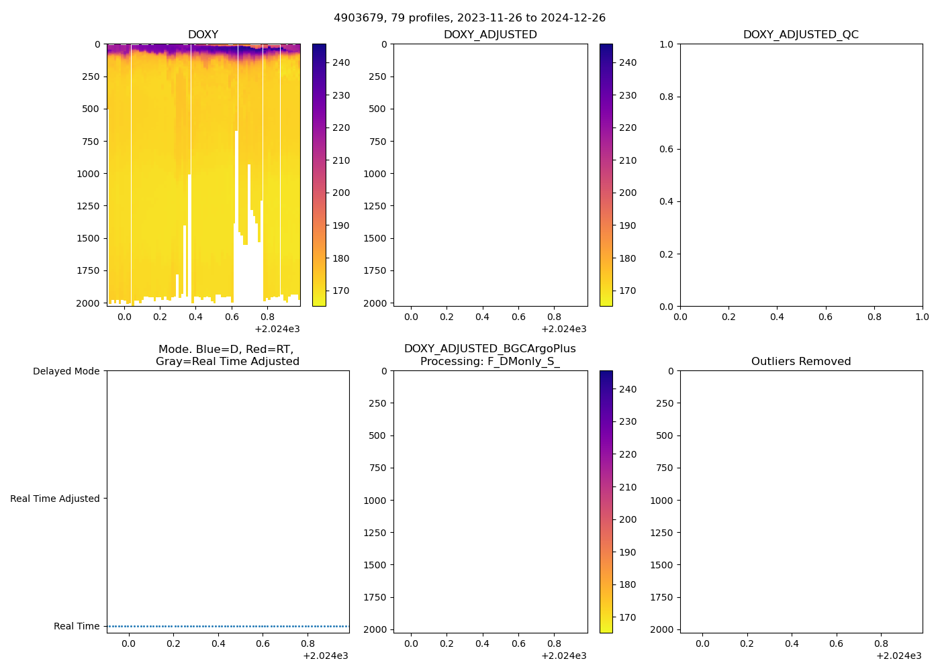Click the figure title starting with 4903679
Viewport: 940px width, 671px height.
click(x=469, y=18)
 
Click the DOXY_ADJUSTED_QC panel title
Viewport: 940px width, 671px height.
click(x=800, y=35)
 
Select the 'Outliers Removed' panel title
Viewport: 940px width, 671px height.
click(x=800, y=362)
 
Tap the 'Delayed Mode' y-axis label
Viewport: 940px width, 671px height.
click(x=66, y=371)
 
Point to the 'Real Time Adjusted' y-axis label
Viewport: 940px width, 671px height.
click(x=54, y=499)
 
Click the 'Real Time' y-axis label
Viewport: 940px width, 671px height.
click(x=77, y=626)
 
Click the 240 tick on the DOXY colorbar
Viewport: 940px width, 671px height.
click(x=341, y=63)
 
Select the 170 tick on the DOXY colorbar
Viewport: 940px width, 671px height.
click(x=341, y=291)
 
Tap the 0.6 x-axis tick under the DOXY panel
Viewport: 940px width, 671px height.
click(x=232, y=317)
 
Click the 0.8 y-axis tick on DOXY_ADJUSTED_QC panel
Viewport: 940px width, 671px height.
click(x=665, y=97)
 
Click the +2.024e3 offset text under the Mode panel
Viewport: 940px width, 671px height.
click(x=326, y=656)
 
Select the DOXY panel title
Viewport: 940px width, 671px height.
click(x=203, y=35)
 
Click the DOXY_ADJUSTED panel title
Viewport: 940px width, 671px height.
click(x=490, y=35)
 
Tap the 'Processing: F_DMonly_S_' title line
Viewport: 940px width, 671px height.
click(x=490, y=362)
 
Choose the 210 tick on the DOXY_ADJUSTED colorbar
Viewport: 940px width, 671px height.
click(x=628, y=160)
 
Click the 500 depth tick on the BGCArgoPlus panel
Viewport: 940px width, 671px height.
click(x=377, y=435)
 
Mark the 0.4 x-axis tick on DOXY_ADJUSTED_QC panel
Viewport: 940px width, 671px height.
click(x=777, y=317)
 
